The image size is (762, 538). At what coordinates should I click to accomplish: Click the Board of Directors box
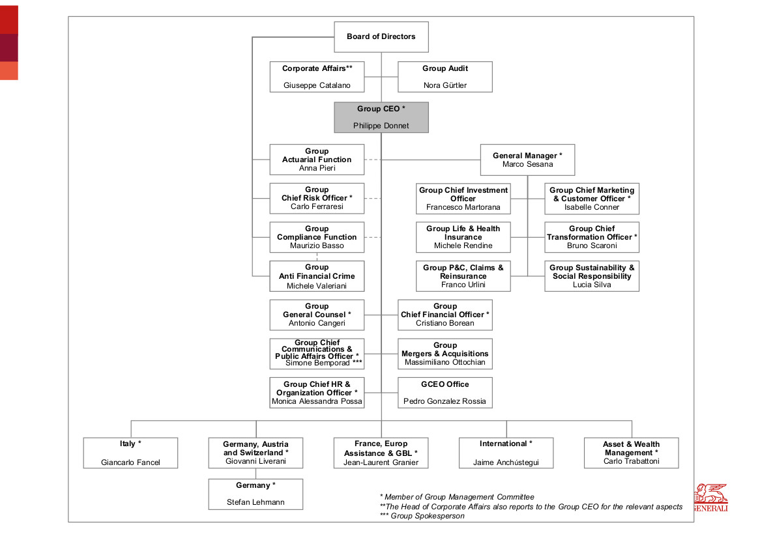(381, 37)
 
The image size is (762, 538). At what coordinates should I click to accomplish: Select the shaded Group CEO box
(381, 117)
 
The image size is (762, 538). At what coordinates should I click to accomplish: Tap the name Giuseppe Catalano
(317, 85)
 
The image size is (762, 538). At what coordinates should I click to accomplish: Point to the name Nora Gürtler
(445, 85)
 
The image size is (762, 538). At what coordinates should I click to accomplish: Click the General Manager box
(527, 160)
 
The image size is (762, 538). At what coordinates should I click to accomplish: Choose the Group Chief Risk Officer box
(317, 198)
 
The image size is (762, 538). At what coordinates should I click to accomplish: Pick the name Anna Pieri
(317, 168)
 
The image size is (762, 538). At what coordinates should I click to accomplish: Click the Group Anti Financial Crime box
(317, 276)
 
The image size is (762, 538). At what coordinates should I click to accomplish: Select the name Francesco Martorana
(463, 207)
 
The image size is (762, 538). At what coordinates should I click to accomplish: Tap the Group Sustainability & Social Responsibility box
(592, 276)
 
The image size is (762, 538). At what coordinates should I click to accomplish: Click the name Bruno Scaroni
(592, 246)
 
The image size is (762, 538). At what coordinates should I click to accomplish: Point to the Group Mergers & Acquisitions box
(445, 354)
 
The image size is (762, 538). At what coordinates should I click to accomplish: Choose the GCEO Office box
(445, 393)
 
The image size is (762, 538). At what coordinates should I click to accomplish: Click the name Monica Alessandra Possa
(317, 402)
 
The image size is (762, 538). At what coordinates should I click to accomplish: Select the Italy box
(131, 453)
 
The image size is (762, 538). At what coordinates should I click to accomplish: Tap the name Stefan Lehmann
(256, 503)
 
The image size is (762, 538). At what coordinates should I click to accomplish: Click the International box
(506, 453)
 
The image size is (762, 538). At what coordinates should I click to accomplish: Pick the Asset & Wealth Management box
(631, 453)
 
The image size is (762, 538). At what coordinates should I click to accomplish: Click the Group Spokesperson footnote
(422, 516)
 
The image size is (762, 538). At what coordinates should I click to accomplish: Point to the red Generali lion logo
(711, 497)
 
